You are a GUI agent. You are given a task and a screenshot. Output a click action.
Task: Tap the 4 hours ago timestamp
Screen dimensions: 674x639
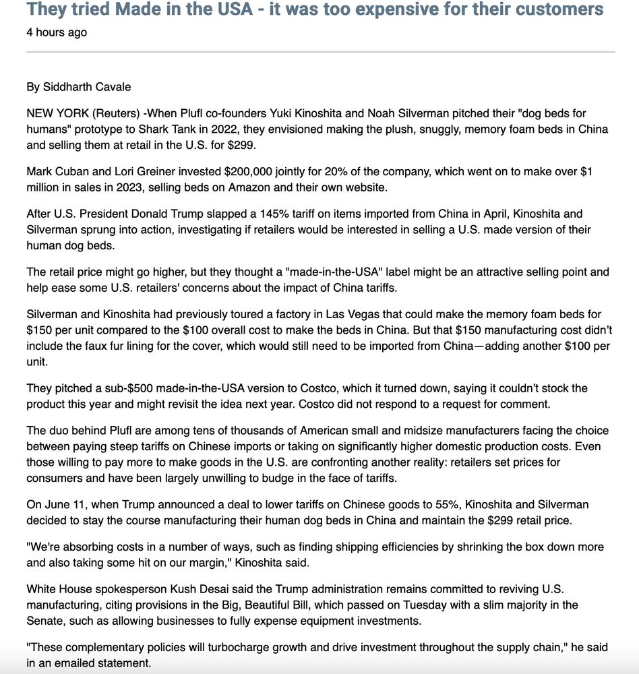pyautogui.click(x=57, y=32)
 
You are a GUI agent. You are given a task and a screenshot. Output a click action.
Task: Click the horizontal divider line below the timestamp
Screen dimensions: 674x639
pyautogui.click(x=320, y=52)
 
